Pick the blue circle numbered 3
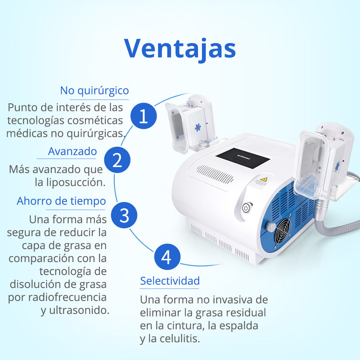tap(124, 215)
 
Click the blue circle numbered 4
tap(166, 257)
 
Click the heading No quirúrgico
tap(94, 90)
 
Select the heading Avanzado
tap(72, 151)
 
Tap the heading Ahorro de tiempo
tap(61, 201)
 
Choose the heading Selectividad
tap(170, 280)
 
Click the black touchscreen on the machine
tap(243, 158)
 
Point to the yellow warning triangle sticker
tap(264, 180)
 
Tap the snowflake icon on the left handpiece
tap(198, 127)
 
